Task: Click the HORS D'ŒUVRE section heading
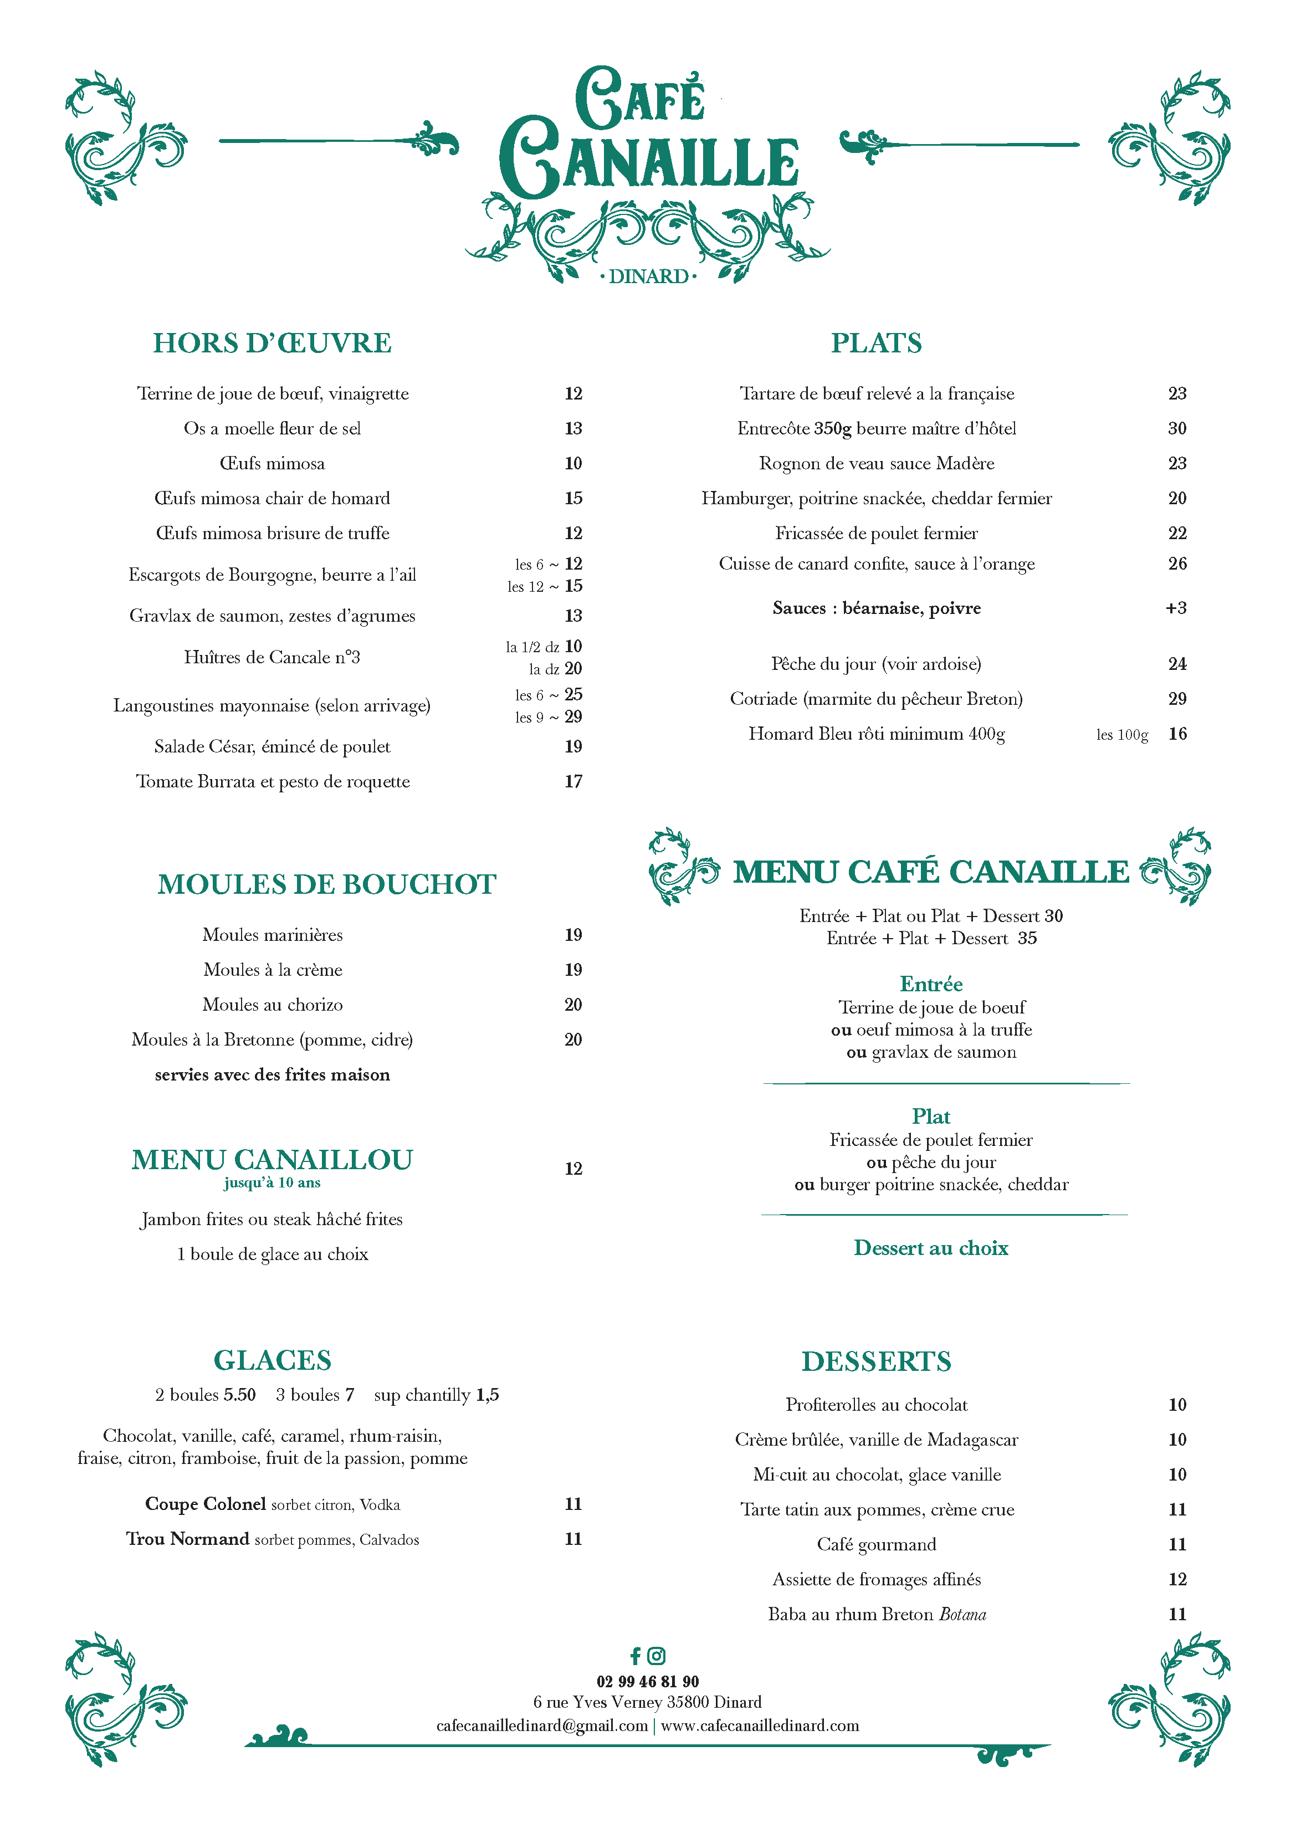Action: pyautogui.click(x=272, y=344)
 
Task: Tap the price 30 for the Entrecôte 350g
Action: pyautogui.click(x=1176, y=429)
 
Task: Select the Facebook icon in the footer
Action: pyautogui.click(x=636, y=1656)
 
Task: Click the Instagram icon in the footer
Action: pyautogui.click(x=657, y=1656)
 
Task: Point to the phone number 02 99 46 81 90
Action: pyautogui.click(x=648, y=1681)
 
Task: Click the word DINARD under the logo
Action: pyautogui.click(x=648, y=277)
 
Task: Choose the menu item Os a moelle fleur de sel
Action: pyautogui.click(x=272, y=429)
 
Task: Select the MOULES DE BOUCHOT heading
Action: pyautogui.click(x=326, y=884)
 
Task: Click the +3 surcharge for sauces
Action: pyautogui.click(x=1175, y=608)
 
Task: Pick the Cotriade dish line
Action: pyautogui.click(x=876, y=699)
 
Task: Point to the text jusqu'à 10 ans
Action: pyautogui.click(x=272, y=1183)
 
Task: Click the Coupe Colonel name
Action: pyautogui.click(x=205, y=1504)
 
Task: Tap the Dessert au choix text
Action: pyautogui.click(x=931, y=1248)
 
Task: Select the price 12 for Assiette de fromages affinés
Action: pyautogui.click(x=1177, y=1579)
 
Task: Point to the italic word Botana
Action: pyautogui.click(x=962, y=1614)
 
